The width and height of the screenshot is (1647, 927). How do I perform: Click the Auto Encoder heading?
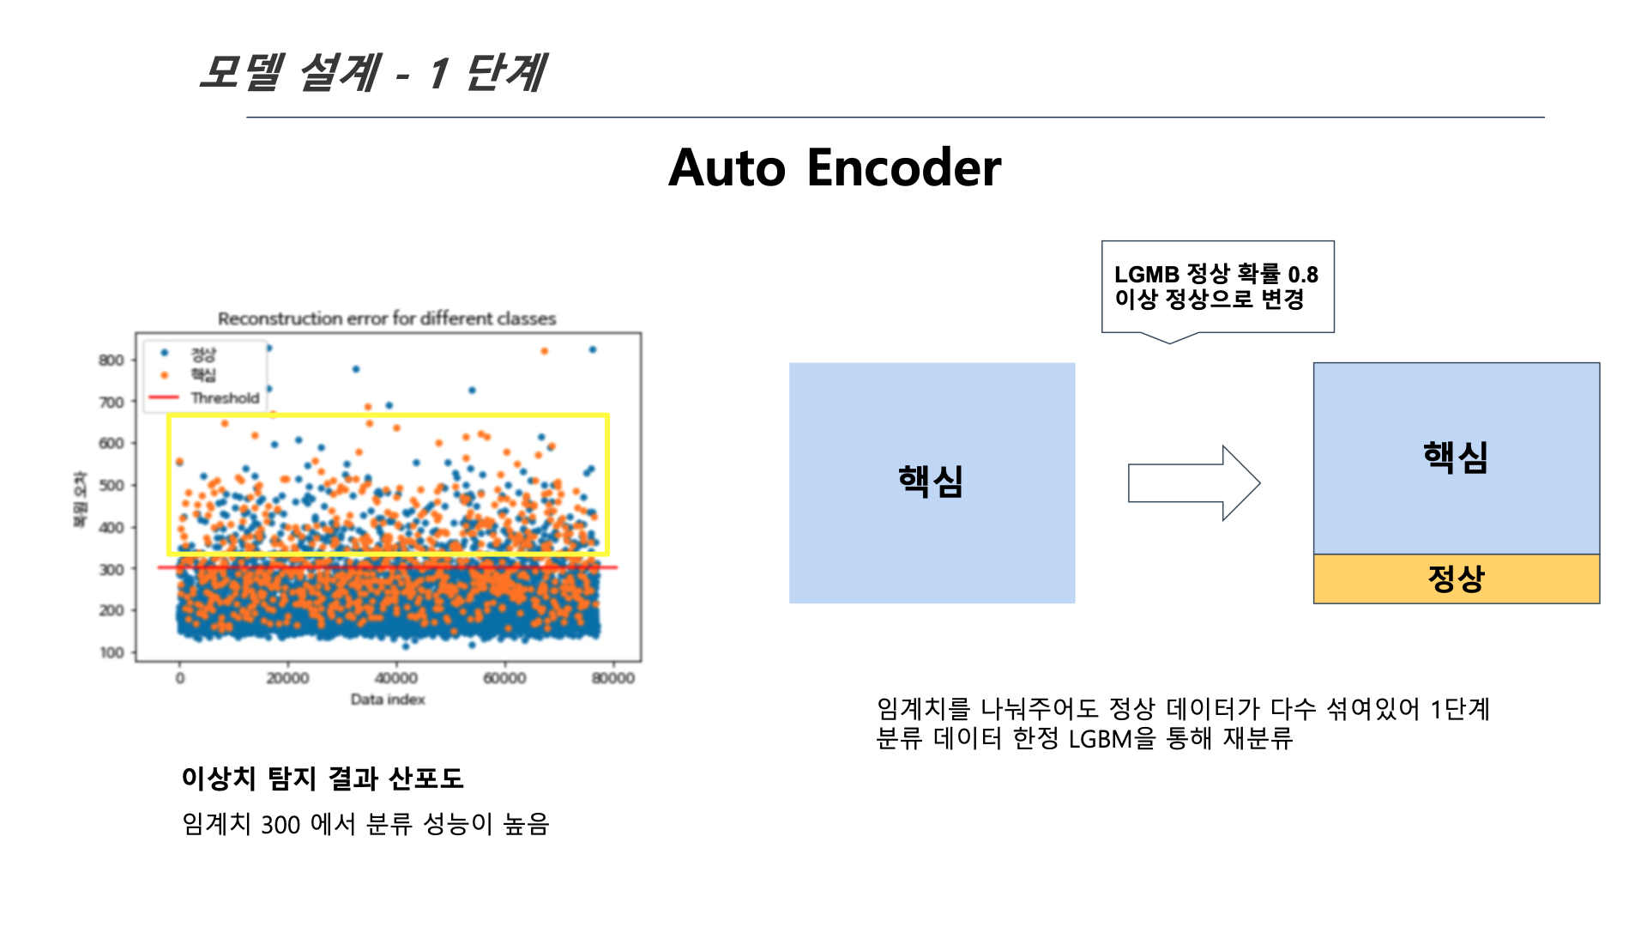pos(834,167)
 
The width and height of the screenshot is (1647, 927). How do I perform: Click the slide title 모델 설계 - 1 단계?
pos(371,72)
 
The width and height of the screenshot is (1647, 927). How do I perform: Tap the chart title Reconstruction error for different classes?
pos(387,318)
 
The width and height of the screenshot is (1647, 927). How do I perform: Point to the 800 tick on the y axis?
pos(112,360)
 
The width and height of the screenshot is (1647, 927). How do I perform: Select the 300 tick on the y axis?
pos(112,569)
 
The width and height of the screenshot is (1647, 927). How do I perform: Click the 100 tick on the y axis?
pos(112,652)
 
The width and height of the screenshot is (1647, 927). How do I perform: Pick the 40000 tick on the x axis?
pos(396,678)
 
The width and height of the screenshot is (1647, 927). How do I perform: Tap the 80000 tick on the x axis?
pos(612,678)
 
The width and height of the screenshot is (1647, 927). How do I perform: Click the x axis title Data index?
pos(388,700)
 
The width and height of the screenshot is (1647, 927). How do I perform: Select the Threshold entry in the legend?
pos(224,398)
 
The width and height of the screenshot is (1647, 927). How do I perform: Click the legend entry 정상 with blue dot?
pos(203,354)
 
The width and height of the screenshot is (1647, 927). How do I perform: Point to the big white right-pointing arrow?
pos(1193,482)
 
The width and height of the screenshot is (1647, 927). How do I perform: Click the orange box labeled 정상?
pos(1456,579)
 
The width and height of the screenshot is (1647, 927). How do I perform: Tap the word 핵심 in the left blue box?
pos(931,482)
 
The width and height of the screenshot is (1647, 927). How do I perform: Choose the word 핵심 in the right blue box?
pos(1456,457)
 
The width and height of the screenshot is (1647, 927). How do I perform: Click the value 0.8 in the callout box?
pos(1302,275)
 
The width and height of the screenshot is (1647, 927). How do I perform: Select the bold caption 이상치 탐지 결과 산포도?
pos(323,779)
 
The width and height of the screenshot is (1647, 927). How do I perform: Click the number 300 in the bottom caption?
pos(281,825)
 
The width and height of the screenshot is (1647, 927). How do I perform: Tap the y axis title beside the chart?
pos(80,499)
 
